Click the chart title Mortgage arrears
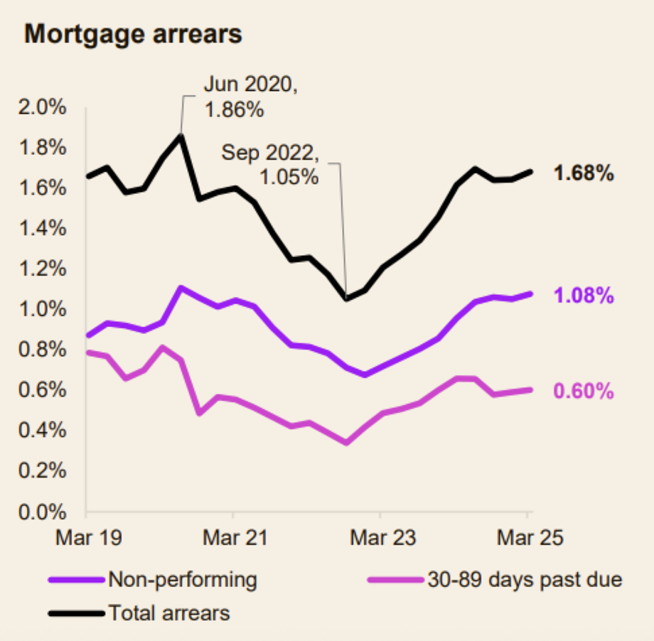(x=133, y=34)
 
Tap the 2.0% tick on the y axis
(x=42, y=107)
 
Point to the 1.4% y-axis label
(x=42, y=228)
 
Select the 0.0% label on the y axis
(x=42, y=512)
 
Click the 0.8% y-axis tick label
(x=42, y=349)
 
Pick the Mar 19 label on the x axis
(x=88, y=537)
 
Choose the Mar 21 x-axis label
(x=235, y=537)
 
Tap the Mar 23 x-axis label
(x=383, y=537)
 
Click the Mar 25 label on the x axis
(x=530, y=537)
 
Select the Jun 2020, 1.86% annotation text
(x=250, y=97)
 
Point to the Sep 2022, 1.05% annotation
(x=270, y=164)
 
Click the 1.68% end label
(x=584, y=173)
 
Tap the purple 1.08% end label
(x=584, y=295)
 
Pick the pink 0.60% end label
(x=584, y=391)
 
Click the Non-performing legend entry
(x=153, y=580)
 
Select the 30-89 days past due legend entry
(x=495, y=580)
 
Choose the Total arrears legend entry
(x=139, y=613)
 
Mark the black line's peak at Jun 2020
(x=180, y=135)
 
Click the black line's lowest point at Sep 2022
(x=346, y=298)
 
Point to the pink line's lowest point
(x=346, y=443)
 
